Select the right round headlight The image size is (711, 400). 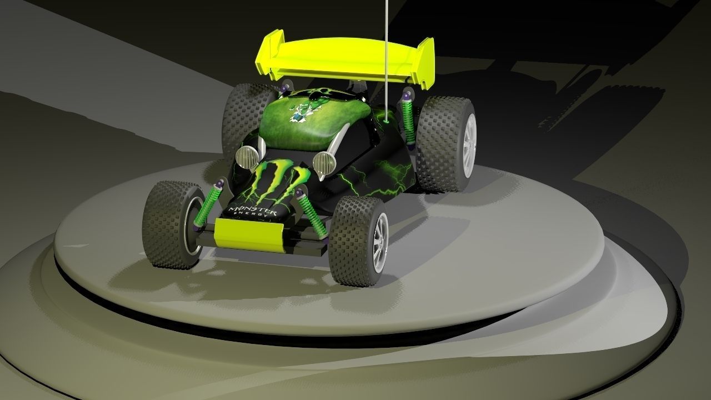point(323,162)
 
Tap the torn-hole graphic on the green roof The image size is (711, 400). point(303,109)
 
